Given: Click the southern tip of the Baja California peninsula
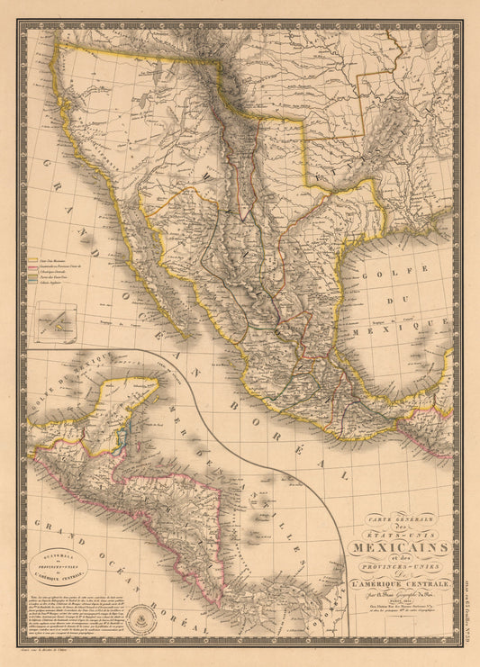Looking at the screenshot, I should point(186,334).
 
